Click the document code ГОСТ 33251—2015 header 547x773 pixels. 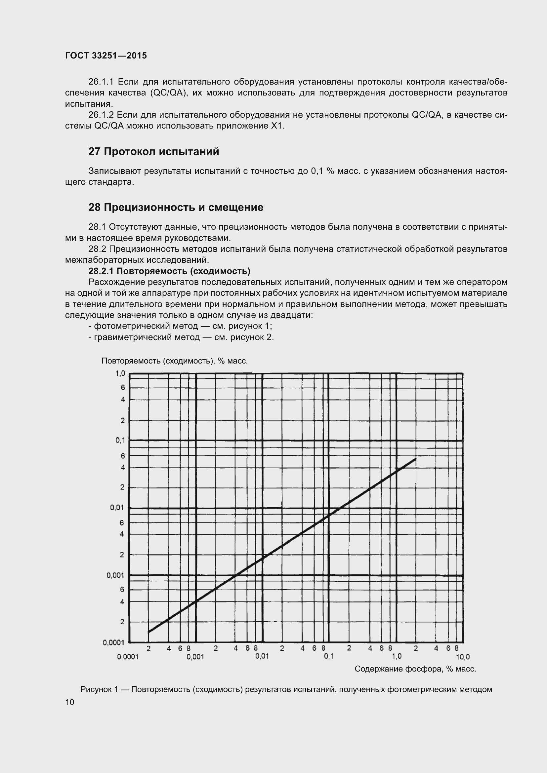coord(106,56)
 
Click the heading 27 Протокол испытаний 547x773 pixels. coord(153,151)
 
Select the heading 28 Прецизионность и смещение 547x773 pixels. coord(176,207)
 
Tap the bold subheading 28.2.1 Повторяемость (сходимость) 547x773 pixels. coord(169,271)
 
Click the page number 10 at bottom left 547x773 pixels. coord(70,702)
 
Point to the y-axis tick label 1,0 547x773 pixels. coord(120,373)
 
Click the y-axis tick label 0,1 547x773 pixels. coord(120,440)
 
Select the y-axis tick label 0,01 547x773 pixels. coord(117,507)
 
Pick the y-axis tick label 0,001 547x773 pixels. coord(115,575)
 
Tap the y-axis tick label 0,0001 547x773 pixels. coord(113,642)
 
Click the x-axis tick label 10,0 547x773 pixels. coord(462,657)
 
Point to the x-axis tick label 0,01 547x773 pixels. coord(262,656)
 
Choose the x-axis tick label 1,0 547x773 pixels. coord(397,656)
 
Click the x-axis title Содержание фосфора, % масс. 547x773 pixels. coord(415,669)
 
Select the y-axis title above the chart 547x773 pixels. coord(175,361)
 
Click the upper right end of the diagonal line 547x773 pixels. coord(416,459)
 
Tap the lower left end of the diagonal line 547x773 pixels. coord(148,632)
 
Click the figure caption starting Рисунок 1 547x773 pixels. coord(286,689)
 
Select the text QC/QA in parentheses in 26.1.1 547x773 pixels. coord(169,93)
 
